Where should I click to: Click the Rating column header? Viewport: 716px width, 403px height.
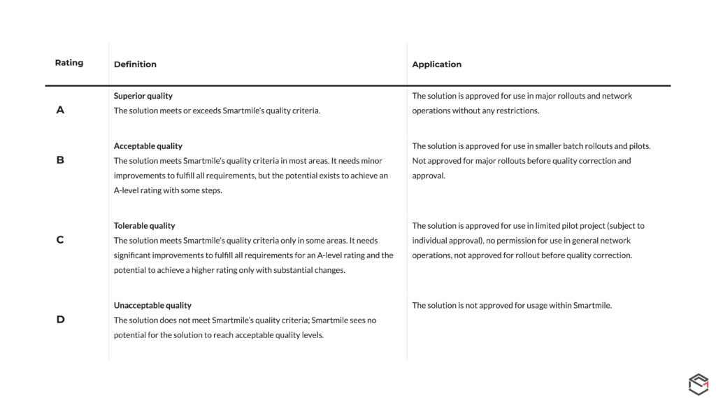(69, 63)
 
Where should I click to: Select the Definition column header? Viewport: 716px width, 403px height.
(135, 64)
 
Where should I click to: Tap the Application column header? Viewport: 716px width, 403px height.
(436, 64)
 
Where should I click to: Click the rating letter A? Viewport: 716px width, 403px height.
(60, 110)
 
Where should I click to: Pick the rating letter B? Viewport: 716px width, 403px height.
(60, 160)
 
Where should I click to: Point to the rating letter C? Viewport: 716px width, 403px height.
(60, 240)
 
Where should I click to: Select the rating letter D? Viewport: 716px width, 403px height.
(60, 320)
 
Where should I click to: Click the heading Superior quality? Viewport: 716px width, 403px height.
(143, 96)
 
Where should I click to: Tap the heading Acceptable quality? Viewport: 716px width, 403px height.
(148, 146)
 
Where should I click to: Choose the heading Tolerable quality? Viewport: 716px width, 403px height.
(144, 226)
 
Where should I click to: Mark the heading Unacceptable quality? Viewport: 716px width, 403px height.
(152, 306)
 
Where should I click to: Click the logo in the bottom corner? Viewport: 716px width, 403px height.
(699, 385)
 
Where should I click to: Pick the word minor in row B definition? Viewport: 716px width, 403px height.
(371, 161)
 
